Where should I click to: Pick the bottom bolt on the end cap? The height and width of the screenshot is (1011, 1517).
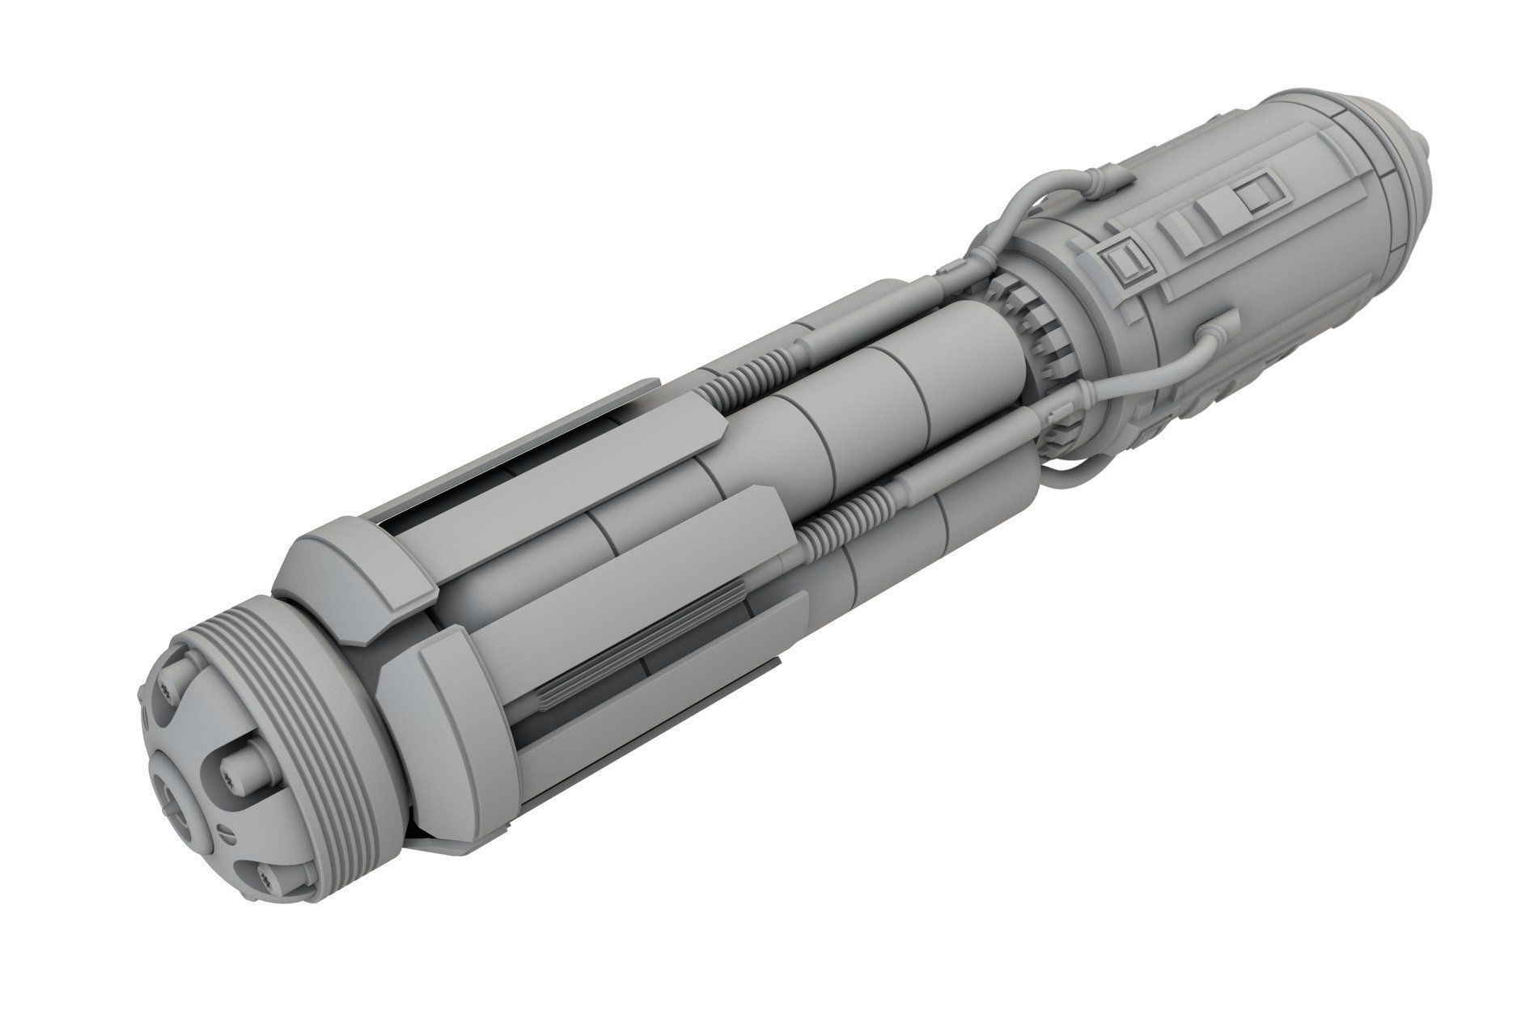[276, 877]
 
